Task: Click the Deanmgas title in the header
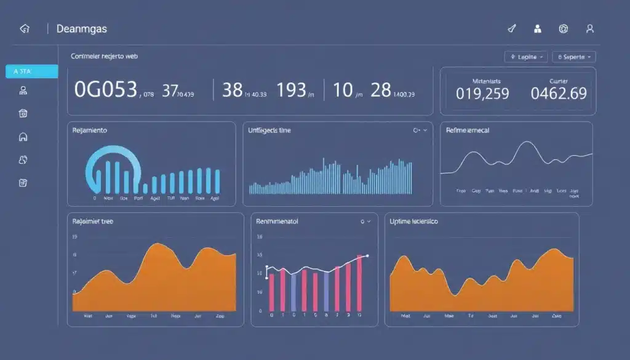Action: point(81,29)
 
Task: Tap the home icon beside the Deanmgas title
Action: point(25,29)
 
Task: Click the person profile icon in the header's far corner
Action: point(590,28)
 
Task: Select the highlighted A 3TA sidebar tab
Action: point(31,71)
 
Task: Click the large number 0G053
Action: point(105,90)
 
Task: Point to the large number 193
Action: point(292,90)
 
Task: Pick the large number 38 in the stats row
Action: point(232,90)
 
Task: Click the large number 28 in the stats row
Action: point(381,90)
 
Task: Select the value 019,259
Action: point(482,94)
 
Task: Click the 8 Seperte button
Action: point(574,57)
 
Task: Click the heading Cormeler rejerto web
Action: point(105,56)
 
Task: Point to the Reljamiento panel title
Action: point(90,130)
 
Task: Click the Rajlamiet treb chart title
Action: point(93,221)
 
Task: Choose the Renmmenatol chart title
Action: point(277,221)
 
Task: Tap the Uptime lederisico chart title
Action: point(414,221)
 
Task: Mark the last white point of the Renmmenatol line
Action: point(367,255)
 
